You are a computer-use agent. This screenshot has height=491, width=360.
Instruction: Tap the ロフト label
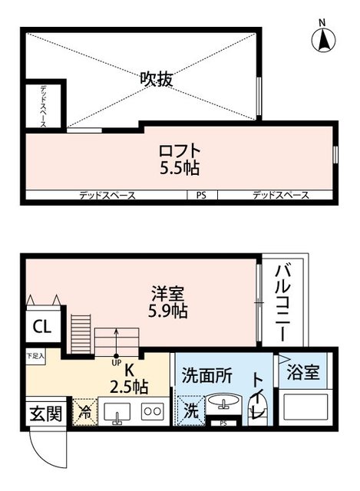(x=180, y=150)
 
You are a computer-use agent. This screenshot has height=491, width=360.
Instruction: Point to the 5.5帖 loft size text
(x=180, y=166)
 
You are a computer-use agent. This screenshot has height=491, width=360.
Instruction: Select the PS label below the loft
(x=201, y=196)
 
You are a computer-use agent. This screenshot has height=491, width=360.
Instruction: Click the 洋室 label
(x=167, y=293)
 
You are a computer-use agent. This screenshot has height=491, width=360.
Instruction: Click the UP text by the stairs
(x=117, y=362)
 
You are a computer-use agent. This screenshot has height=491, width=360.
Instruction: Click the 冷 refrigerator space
(x=84, y=410)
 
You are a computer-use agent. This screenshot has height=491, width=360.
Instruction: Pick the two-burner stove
(x=152, y=410)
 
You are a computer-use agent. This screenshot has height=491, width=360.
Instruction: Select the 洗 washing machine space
(x=190, y=410)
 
